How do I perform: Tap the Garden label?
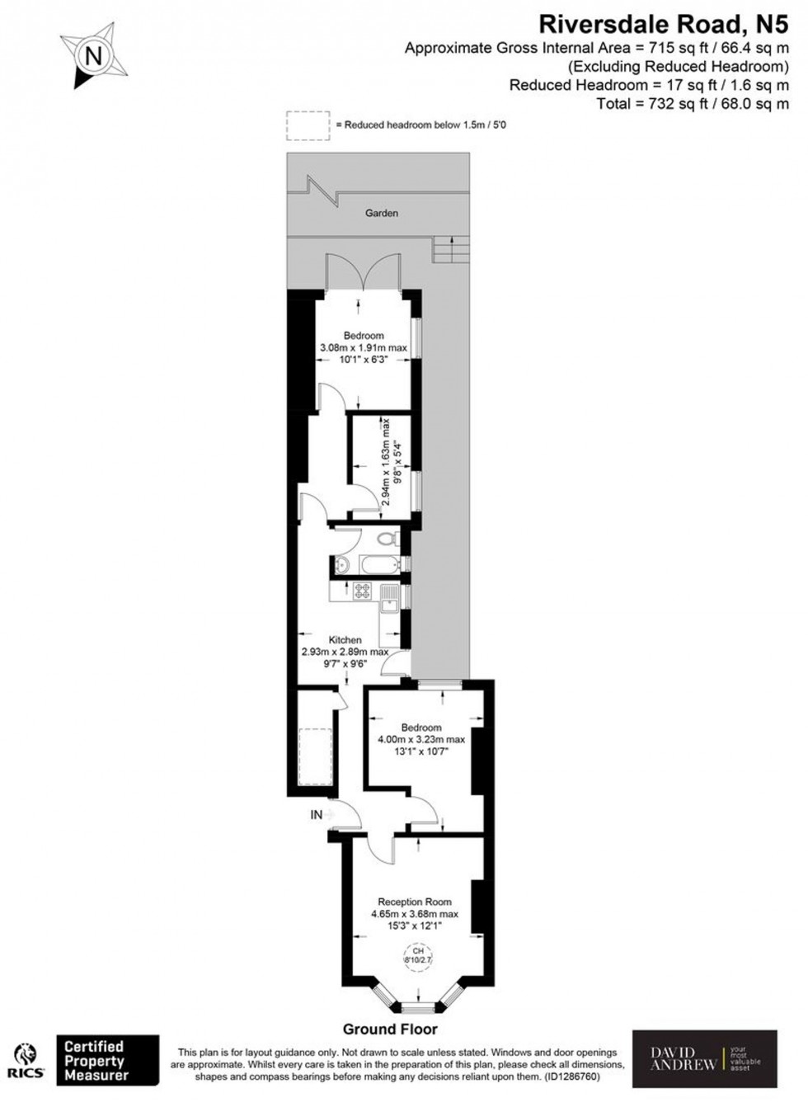(382, 213)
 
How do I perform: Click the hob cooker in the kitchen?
(363, 590)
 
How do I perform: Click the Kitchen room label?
(345, 639)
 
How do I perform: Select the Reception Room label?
(415, 902)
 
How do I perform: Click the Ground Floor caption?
(390, 1029)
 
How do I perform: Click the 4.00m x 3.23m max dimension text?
(420, 739)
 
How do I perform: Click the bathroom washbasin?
(343, 566)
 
